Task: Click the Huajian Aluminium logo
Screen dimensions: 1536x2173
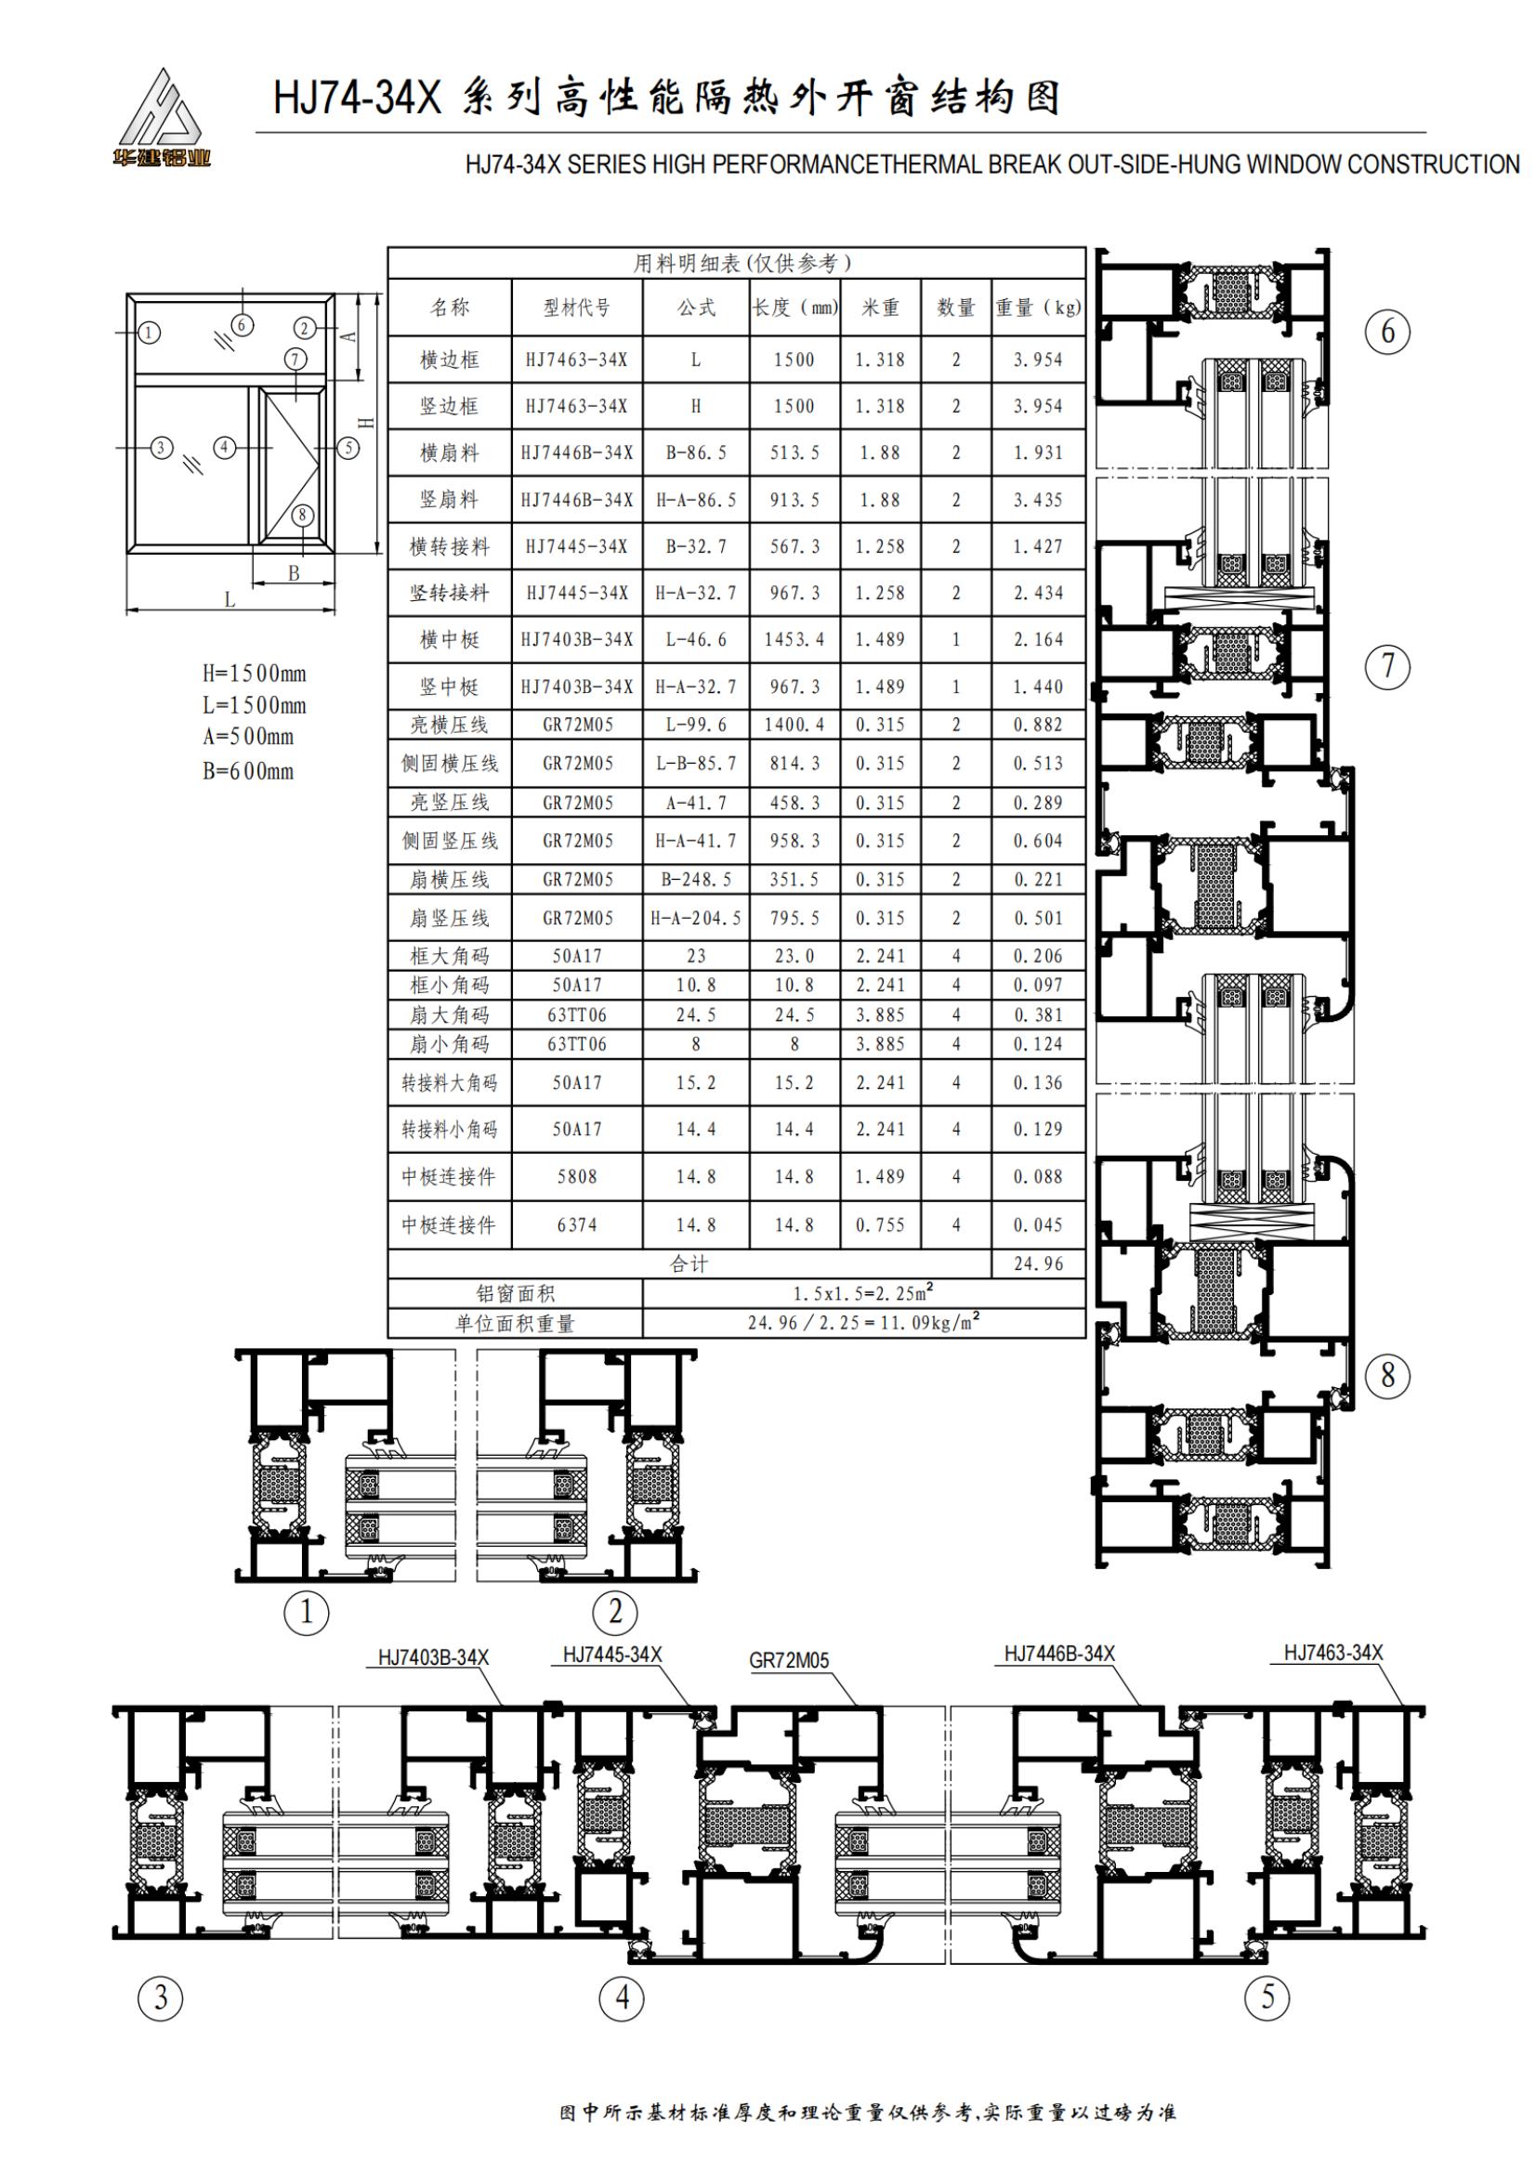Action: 160,119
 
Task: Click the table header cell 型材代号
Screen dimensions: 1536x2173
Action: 576,308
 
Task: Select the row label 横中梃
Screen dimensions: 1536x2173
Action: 450,640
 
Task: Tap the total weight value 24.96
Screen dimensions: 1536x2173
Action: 1038,1263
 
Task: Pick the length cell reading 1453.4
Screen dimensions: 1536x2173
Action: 794,640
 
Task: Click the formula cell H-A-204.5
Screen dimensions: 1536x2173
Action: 696,918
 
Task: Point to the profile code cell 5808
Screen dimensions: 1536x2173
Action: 576,1176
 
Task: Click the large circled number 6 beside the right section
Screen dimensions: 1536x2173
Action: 1387,332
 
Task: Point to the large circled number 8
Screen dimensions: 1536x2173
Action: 1387,1375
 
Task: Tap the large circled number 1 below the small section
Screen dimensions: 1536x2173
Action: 307,1611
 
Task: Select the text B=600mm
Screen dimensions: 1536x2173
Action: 248,770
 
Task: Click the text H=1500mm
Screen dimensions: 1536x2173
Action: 254,674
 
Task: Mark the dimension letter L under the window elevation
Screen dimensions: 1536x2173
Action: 229,600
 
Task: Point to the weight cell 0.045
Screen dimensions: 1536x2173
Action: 1038,1224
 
